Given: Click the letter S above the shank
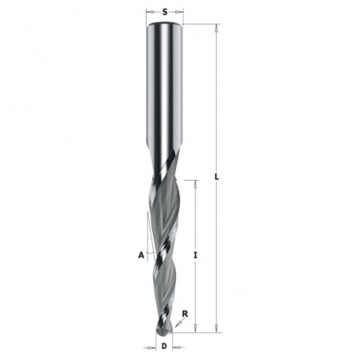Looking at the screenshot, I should click(x=164, y=12).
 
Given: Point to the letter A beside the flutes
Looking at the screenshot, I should click(x=140, y=255).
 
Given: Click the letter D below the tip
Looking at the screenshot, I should click(x=164, y=347).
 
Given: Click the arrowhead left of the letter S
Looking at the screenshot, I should click(x=151, y=12).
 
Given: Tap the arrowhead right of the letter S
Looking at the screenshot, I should click(x=179, y=12).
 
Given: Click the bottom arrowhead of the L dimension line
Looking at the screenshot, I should click(x=217, y=329).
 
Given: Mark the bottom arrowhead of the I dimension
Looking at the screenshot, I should click(x=195, y=329).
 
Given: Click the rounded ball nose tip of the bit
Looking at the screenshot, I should click(x=165, y=327).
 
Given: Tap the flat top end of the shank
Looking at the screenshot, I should click(x=164, y=25).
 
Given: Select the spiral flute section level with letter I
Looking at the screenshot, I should click(x=163, y=255).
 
